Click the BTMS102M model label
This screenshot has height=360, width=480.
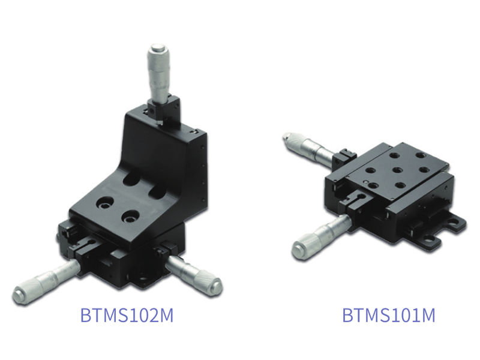click(x=127, y=315)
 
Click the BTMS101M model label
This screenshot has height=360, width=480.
click(x=388, y=315)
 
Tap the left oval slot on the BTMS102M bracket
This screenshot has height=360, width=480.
click(x=131, y=179)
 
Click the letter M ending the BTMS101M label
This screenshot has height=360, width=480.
click(x=427, y=315)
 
